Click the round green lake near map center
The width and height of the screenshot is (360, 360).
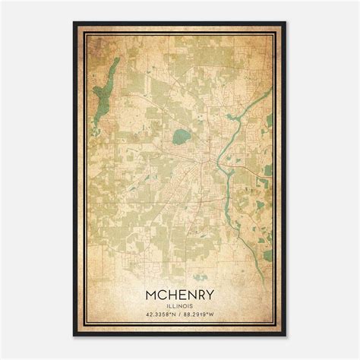click(x=181, y=137)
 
